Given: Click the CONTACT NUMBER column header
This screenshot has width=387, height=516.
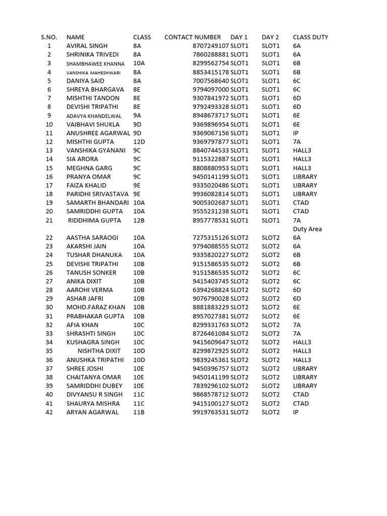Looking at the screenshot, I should pyautogui.click(x=192, y=37).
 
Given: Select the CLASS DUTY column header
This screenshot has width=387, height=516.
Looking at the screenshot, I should pyautogui.click(x=310, y=37).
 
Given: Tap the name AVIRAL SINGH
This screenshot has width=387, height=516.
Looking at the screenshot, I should pyautogui.click(x=87, y=46).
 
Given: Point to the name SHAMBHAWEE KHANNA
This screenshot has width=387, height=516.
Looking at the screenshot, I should pyautogui.click(x=95, y=63).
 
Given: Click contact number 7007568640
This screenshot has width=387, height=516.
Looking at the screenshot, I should pyautogui.click(x=211, y=81).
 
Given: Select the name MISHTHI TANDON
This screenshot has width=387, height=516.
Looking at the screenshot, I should pyautogui.click(x=93, y=98).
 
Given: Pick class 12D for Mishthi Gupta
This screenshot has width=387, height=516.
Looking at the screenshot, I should pyautogui.click(x=139, y=142).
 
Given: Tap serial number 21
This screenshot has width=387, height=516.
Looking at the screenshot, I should pyautogui.click(x=49, y=220).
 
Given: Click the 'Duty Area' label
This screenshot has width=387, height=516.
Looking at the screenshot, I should pyautogui.click(x=307, y=229).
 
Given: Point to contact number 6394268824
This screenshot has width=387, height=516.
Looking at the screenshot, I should pyautogui.click(x=211, y=290).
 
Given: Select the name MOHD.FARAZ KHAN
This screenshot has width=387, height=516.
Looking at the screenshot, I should pyautogui.click(x=96, y=307).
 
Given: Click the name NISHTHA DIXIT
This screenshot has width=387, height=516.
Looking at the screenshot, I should pyautogui.click(x=99, y=351).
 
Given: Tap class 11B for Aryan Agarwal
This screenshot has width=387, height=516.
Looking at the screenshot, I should pyautogui.click(x=139, y=412).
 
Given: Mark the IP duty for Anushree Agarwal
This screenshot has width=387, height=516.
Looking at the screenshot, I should pyautogui.click(x=296, y=133).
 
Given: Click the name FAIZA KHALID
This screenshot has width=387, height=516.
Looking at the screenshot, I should pyautogui.click(x=87, y=185).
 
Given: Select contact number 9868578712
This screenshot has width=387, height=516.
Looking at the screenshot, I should pyautogui.click(x=211, y=395).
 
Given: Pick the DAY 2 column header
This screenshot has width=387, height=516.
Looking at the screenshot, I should pyautogui.click(x=270, y=37).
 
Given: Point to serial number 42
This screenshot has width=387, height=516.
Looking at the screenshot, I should pyautogui.click(x=49, y=412).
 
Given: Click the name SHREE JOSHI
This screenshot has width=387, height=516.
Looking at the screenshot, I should pyautogui.click(x=85, y=368).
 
